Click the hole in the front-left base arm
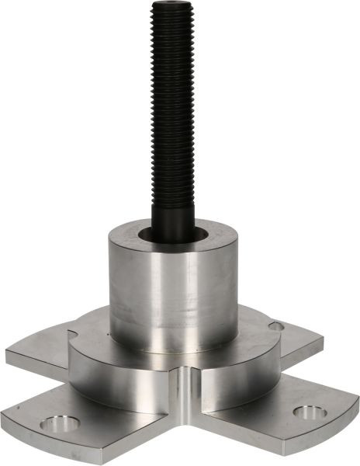click(x=60, y=423)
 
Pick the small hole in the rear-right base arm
click(x=276, y=326)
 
